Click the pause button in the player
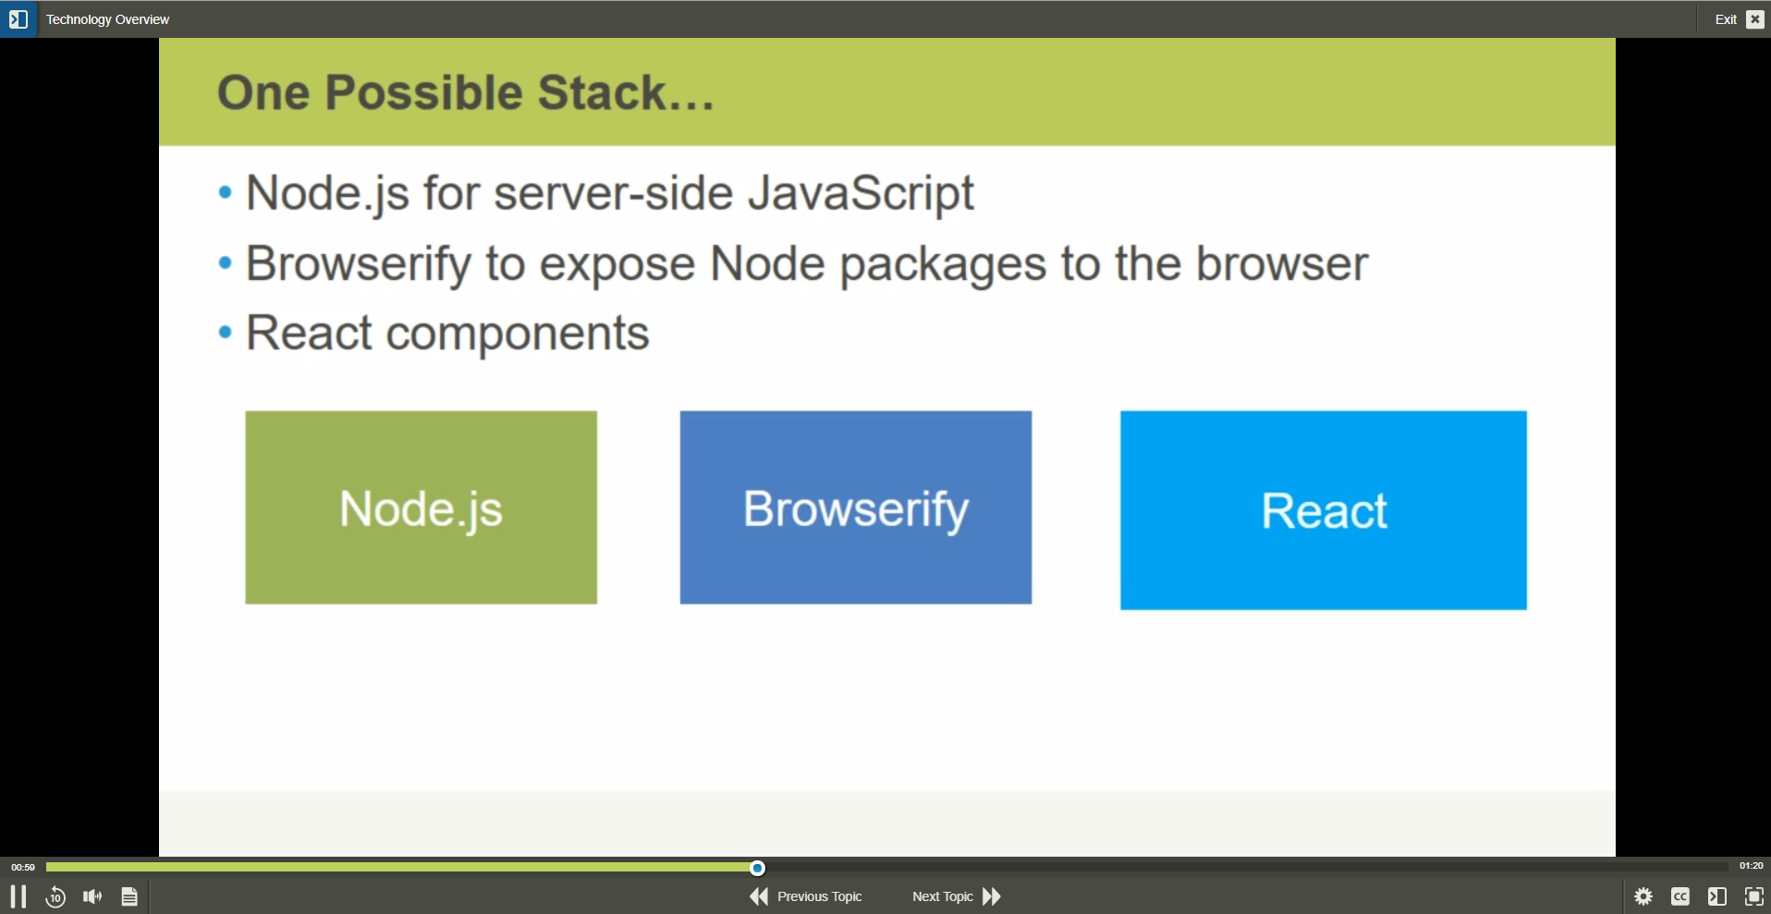(18, 896)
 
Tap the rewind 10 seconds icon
(55, 896)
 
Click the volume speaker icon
(92, 896)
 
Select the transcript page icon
(129, 896)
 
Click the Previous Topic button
(805, 896)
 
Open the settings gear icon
(1643, 896)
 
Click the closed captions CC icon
(1680, 896)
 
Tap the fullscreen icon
(1754, 896)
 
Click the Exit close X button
(1755, 19)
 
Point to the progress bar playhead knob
(757, 868)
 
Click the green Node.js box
(421, 507)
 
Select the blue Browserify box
(856, 507)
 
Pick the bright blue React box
(1324, 510)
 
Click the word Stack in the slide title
(602, 92)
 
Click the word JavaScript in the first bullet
(861, 194)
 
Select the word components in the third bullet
(518, 335)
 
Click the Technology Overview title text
(107, 19)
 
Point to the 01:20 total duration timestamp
(1751, 866)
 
